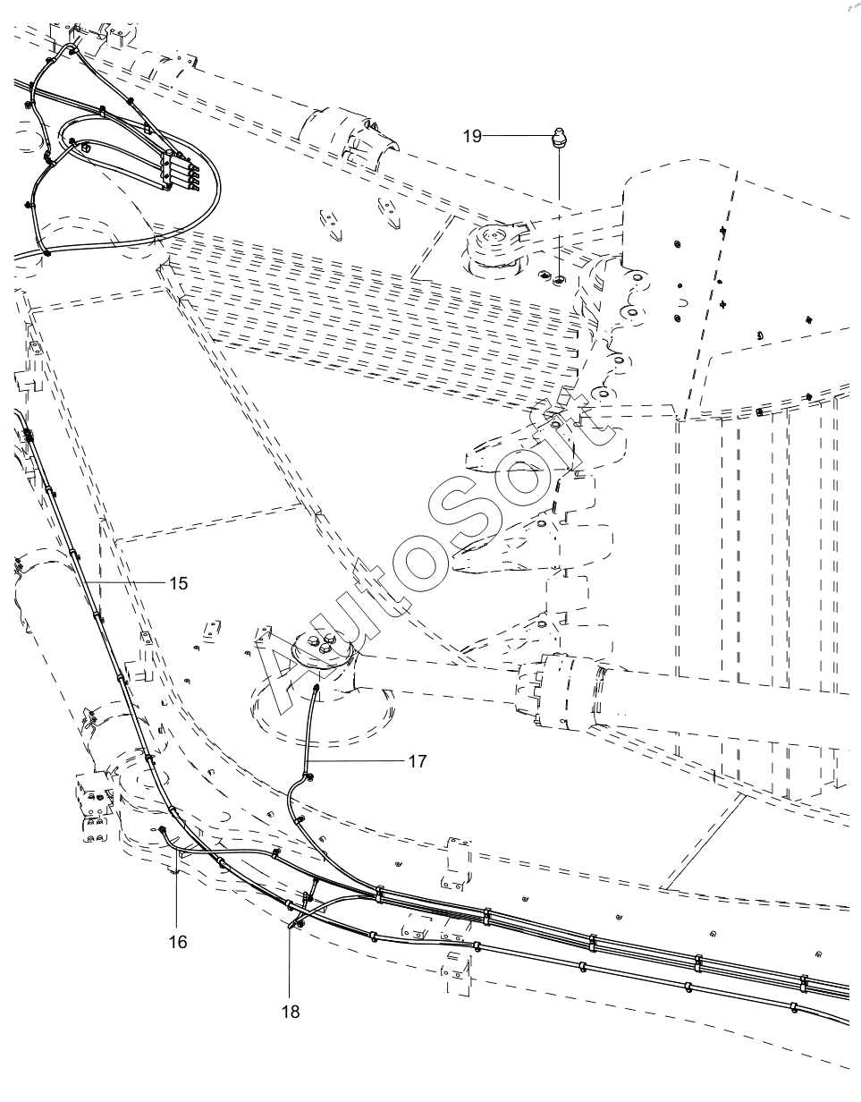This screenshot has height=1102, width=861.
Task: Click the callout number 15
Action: click(179, 584)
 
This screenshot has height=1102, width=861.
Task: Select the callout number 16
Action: click(178, 942)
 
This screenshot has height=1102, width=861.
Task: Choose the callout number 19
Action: click(472, 136)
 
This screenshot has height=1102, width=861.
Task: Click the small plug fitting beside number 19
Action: click(560, 139)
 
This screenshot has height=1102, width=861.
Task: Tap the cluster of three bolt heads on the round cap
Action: click(324, 642)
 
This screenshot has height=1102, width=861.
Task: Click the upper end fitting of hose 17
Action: click(316, 688)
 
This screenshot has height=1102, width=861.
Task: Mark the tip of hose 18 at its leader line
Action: click(291, 924)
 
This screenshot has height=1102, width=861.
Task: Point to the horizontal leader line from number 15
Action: click(126, 583)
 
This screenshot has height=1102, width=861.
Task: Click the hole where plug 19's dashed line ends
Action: click(560, 279)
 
